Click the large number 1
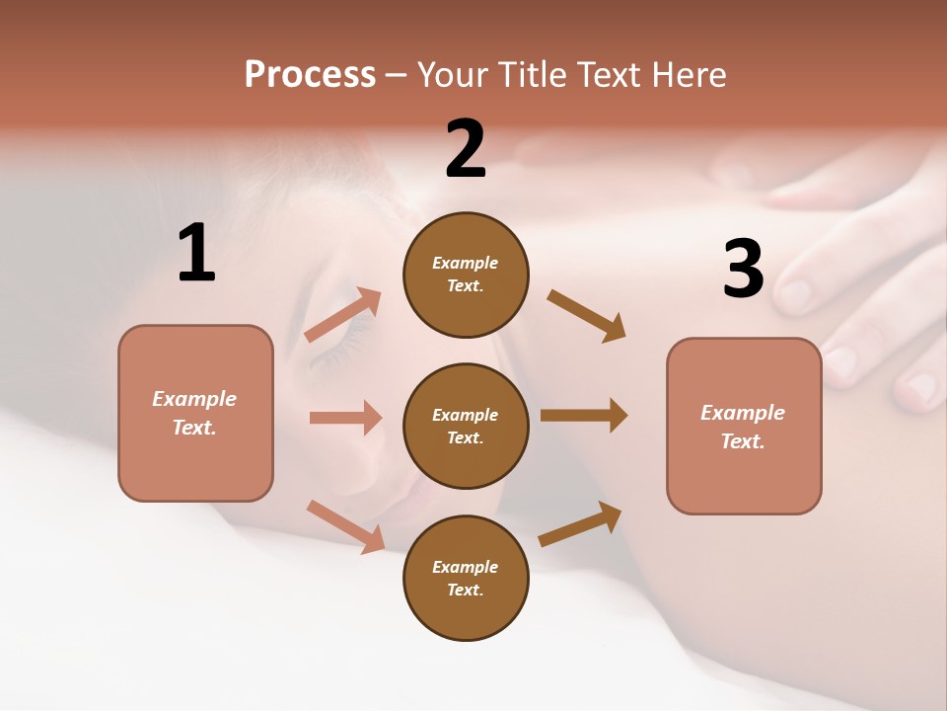pos(196,254)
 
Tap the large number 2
pos(466,149)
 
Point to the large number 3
pos(743,269)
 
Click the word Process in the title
pos(310,74)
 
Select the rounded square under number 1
pos(195,413)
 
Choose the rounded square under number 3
pos(744,427)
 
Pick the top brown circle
pos(466,274)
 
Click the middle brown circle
pos(466,426)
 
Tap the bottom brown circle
pos(466,578)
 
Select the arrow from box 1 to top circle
pos(343,314)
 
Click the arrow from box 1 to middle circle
pos(345,418)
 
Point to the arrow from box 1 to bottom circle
pos(345,525)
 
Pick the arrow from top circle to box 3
pos(586,315)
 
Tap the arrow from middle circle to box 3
pos(584,416)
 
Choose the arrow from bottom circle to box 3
pos(580,524)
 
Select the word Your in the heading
pos(454,74)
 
